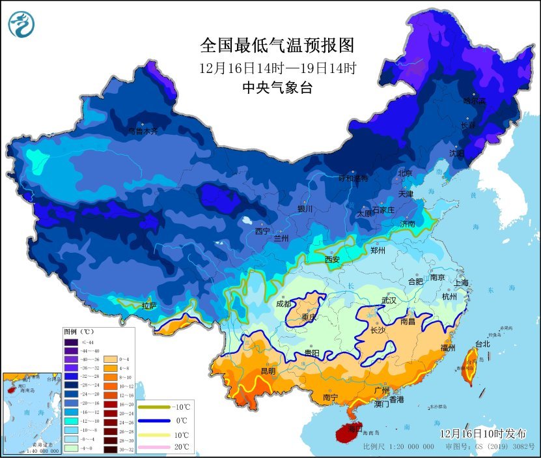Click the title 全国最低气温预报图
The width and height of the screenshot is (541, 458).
(x=277, y=45)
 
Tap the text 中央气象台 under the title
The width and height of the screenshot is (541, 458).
(x=277, y=87)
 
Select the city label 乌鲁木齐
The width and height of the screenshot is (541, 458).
(x=143, y=131)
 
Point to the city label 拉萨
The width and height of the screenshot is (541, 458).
(x=149, y=305)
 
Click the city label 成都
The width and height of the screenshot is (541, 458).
(x=284, y=303)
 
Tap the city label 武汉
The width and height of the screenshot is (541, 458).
(x=389, y=301)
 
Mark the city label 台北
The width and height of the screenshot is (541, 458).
(x=482, y=343)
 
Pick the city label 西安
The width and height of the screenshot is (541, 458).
(x=332, y=259)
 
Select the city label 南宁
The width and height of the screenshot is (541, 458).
(x=330, y=397)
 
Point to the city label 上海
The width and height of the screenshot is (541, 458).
(x=461, y=283)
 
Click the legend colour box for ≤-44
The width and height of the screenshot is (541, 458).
(x=71, y=341)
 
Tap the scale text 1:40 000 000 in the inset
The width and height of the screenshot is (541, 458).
(x=26, y=451)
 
